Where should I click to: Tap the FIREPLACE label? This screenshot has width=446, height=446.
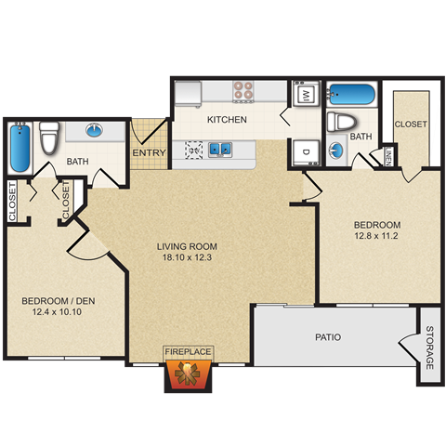(x=189, y=351)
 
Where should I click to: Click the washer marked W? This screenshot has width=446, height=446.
(x=305, y=96)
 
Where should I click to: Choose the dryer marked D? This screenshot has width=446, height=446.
(x=305, y=152)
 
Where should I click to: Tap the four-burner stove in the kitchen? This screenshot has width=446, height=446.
(x=243, y=91)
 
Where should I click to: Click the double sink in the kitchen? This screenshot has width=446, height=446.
(x=220, y=147)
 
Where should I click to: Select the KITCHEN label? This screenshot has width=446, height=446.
(x=226, y=120)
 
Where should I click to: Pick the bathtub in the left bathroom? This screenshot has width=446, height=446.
(x=20, y=147)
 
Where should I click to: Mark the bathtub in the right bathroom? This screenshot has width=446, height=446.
(x=348, y=95)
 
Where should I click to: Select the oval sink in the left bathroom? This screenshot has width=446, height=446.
(x=96, y=131)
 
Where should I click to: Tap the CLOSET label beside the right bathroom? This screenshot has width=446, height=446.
(x=410, y=124)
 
